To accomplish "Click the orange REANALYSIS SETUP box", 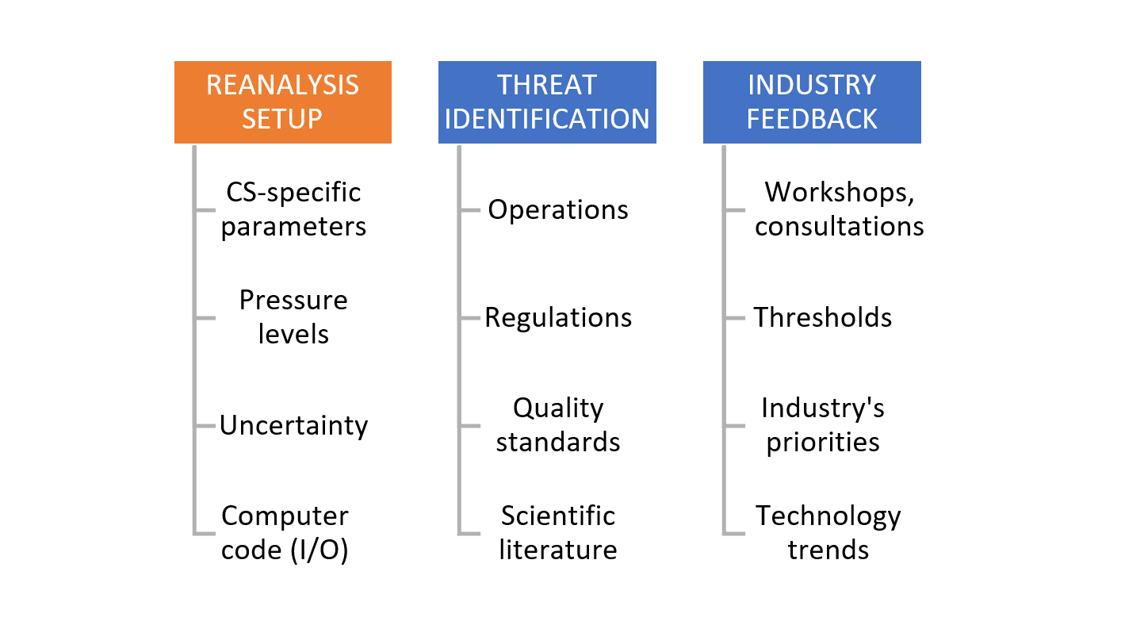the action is [x=283, y=102].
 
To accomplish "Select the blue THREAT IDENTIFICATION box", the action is [x=547, y=102].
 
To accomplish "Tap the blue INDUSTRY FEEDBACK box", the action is [x=812, y=102].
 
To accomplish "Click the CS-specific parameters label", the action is [x=293, y=209].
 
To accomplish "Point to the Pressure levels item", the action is [x=293, y=317].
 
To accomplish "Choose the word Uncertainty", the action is [x=294, y=426].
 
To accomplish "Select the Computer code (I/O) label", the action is [x=285, y=533].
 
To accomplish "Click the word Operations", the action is [x=558, y=210].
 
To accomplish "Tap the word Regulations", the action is [x=558, y=318].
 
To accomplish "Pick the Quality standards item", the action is [x=558, y=425].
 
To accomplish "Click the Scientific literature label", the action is [x=558, y=532].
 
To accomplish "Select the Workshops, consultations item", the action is [x=840, y=209].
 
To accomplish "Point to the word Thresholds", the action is [x=823, y=317].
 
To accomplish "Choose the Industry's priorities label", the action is [x=823, y=425].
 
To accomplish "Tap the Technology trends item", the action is [x=828, y=532].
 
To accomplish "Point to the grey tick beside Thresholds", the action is [x=735, y=318].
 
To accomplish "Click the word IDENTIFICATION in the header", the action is [x=547, y=119].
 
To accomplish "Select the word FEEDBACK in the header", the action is [x=812, y=119].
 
